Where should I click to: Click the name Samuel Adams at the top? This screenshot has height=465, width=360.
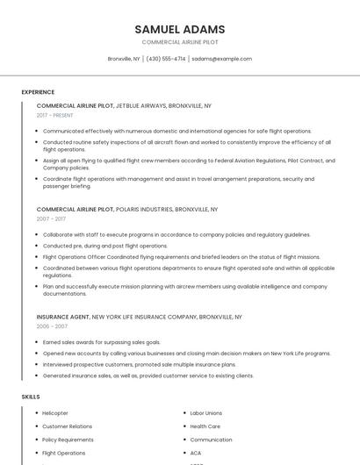[180, 29]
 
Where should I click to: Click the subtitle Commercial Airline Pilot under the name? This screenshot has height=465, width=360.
[180, 42]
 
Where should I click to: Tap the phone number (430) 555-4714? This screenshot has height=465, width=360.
[166, 59]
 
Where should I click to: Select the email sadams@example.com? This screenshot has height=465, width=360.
[222, 59]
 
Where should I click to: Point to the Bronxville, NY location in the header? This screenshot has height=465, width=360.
[124, 59]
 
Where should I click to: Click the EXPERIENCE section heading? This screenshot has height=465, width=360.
[38, 92]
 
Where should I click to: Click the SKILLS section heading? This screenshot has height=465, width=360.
[31, 397]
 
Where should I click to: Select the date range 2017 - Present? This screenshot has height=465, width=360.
[55, 115]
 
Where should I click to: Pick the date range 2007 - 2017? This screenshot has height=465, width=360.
[51, 219]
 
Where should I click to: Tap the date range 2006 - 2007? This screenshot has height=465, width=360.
[52, 325]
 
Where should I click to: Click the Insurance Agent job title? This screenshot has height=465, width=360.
[62, 316]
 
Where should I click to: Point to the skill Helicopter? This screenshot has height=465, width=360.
[55, 412]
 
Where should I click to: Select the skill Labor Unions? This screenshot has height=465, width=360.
[206, 412]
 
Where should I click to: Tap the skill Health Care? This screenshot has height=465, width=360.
[205, 426]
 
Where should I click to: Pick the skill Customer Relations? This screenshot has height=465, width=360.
[67, 426]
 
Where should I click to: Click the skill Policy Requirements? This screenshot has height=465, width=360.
[68, 440]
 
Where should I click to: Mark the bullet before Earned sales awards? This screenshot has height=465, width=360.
[37, 342]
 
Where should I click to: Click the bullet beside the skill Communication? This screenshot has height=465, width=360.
[184, 440]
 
